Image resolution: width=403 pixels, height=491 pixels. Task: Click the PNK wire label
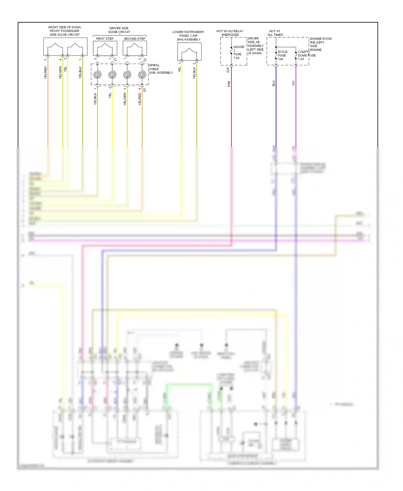click(229, 84)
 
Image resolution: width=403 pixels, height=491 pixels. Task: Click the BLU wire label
click(274, 83)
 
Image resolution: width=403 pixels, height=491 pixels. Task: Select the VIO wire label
click(293, 83)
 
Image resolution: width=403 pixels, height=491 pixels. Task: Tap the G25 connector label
click(228, 70)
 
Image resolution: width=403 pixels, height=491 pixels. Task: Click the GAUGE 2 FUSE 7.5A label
click(238, 52)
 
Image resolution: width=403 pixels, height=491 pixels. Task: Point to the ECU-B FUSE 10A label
click(282, 55)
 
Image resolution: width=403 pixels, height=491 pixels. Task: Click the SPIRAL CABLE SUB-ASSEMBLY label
click(160, 69)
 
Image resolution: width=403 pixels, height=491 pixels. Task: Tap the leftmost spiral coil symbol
click(98, 75)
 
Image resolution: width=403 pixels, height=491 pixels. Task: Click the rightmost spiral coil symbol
click(142, 75)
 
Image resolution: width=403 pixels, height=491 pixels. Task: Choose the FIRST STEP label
click(105, 39)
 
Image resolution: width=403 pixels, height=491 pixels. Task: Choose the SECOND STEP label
click(134, 39)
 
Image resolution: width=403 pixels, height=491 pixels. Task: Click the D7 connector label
click(145, 90)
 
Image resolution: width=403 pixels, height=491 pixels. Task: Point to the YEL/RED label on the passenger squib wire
click(45, 73)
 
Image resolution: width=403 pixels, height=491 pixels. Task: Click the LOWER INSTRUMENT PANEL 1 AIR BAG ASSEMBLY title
click(188, 36)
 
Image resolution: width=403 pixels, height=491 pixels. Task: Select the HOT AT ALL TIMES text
click(275, 33)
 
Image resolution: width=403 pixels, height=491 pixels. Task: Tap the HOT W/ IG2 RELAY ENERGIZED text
click(230, 33)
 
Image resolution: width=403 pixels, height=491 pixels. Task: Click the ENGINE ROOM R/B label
click(320, 44)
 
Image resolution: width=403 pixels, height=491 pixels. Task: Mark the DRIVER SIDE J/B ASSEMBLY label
click(255, 46)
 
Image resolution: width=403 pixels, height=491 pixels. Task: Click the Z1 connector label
click(115, 60)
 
